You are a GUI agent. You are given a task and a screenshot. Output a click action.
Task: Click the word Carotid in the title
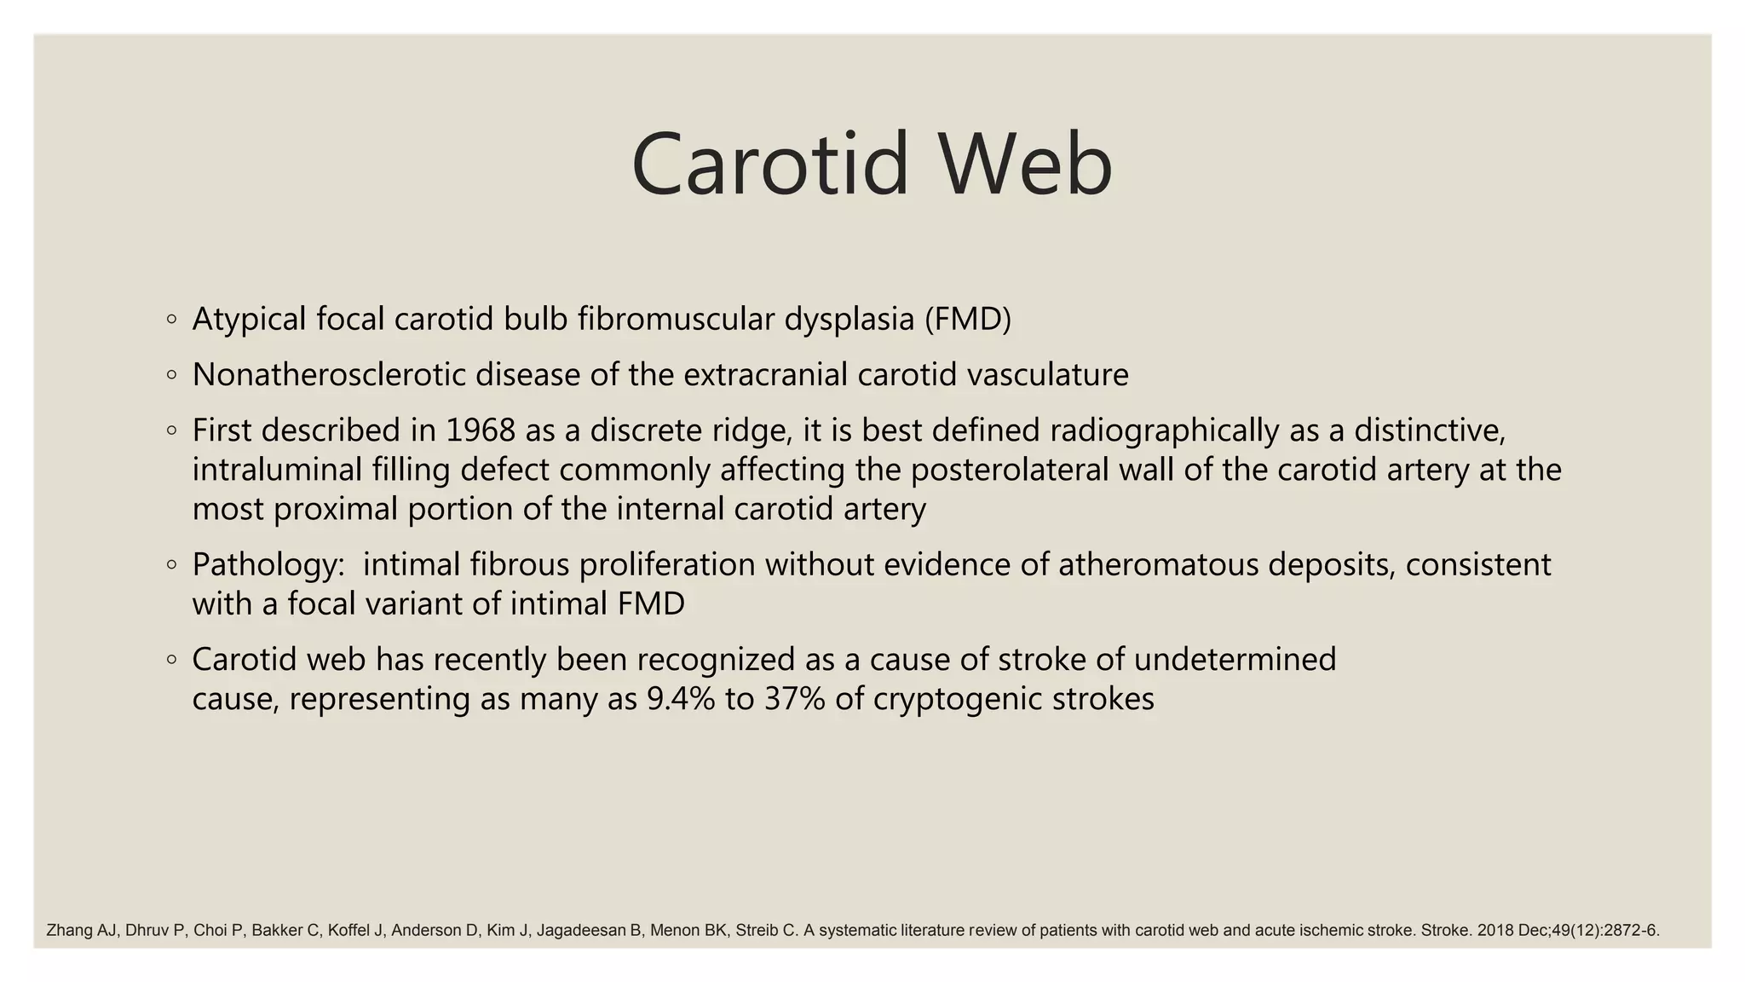pos(769,164)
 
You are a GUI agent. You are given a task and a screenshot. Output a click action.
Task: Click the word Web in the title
pos(1025,164)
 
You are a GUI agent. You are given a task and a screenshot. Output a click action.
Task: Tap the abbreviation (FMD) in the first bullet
pos(967,319)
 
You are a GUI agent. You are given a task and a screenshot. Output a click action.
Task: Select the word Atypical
pos(249,319)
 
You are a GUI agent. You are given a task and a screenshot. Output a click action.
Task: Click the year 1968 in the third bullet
pos(481,430)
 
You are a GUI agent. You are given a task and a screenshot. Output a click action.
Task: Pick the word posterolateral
pos(1010,470)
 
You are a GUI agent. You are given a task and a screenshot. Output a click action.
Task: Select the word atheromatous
pos(1158,565)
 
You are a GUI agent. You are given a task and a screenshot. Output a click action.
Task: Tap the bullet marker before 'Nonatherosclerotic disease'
pos(172,375)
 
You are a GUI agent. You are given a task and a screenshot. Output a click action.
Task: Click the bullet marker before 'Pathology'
pos(172,565)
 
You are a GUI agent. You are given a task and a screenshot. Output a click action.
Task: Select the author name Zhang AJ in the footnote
pos(80,930)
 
